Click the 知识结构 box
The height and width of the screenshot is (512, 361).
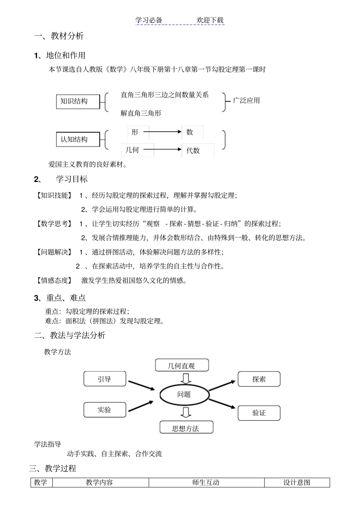[78, 101]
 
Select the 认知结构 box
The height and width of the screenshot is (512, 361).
[78, 139]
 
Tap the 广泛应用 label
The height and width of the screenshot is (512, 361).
[246, 100]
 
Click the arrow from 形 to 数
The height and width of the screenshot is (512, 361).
[162, 132]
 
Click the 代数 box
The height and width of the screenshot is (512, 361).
[198, 150]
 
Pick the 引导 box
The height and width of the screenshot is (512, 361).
[104, 379]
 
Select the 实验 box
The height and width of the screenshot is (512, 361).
[104, 410]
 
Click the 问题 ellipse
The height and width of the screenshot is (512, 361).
[184, 394]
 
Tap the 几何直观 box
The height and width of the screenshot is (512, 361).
[182, 365]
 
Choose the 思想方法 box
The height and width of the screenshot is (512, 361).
[186, 427]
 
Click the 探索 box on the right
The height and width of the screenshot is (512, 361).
[259, 379]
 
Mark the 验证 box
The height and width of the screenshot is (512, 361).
[259, 413]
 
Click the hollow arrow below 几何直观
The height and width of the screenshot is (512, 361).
[186, 378]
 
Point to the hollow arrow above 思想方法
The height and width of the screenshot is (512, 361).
[186, 412]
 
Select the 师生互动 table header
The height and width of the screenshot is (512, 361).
[206, 482]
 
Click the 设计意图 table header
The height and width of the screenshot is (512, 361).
[297, 482]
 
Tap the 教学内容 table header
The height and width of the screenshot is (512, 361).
[100, 482]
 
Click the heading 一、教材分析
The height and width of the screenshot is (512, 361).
[59, 36]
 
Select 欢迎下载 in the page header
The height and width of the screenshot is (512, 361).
[210, 20]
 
